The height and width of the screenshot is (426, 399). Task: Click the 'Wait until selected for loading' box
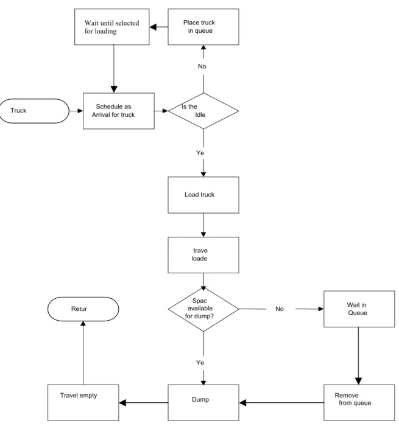[112, 27]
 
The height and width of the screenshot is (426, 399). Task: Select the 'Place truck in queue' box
[203, 27]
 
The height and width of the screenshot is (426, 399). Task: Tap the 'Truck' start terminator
[34, 111]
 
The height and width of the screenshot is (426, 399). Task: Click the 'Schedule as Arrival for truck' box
[119, 111]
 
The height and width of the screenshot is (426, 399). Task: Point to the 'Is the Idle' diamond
[203, 111]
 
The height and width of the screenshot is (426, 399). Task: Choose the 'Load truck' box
[203, 195]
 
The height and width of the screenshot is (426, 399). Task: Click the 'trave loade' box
[203, 255]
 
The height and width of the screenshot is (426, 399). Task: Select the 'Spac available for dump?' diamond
[203, 309]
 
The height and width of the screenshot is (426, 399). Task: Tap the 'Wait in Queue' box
[359, 309]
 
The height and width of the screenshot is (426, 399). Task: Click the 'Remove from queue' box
[359, 403]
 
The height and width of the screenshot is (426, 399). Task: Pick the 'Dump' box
[203, 403]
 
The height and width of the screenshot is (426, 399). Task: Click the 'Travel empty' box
[83, 403]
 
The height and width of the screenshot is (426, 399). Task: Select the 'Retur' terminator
[83, 309]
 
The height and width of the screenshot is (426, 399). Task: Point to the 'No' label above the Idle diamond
[202, 66]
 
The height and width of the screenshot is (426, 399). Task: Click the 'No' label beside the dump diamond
[280, 309]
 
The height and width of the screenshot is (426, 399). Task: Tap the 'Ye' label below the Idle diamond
[200, 153]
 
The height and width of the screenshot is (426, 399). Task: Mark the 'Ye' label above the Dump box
[200, 363]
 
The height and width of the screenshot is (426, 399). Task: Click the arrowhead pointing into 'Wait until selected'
[153, 27]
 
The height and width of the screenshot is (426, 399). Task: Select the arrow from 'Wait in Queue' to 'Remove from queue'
[358, 355]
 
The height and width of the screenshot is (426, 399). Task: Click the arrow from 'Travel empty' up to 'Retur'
[83, 352]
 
